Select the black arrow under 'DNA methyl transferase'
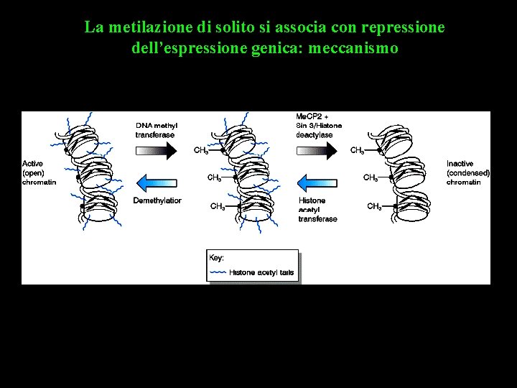(156, 149)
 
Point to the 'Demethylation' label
(157, 200)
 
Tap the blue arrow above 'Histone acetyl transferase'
(317, 181)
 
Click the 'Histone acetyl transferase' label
(317, 209)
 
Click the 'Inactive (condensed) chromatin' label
(468, 173)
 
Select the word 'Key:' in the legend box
(216, 257)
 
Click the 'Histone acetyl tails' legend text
(261, 272)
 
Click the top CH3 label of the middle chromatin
(201, 151)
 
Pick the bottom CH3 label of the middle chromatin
(217, 207)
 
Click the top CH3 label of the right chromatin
(357, 151)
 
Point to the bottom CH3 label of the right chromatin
(374, 207)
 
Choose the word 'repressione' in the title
(405, 28)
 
